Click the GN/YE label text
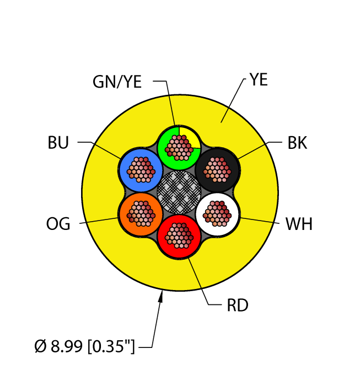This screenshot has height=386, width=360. [117, 82]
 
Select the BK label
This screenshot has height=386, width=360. [297, 143]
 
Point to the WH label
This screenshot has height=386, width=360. [299, 225]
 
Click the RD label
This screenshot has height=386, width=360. [238, 305]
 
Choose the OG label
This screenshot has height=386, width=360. [58, 224]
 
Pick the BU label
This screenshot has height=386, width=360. [58, 144]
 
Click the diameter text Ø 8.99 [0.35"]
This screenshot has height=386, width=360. [84, 347]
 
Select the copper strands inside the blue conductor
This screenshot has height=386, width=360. [141, 169]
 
